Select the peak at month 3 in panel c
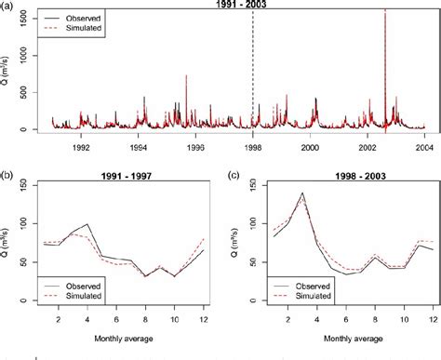coord(301,193)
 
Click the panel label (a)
coord(8,6)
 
